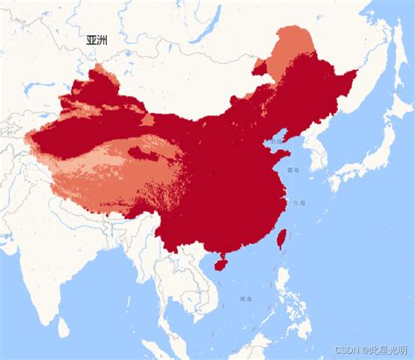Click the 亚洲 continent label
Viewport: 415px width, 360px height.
click(x=98, y=40)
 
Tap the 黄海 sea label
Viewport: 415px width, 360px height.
click(x=292, y=171)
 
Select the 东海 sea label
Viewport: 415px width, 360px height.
click(x=299, y=203)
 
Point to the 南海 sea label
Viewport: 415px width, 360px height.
click(x=247, y=300)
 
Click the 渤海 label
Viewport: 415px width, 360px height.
click(x=277, y=141)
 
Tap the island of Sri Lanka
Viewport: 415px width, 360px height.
click(x=63, y=328)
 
